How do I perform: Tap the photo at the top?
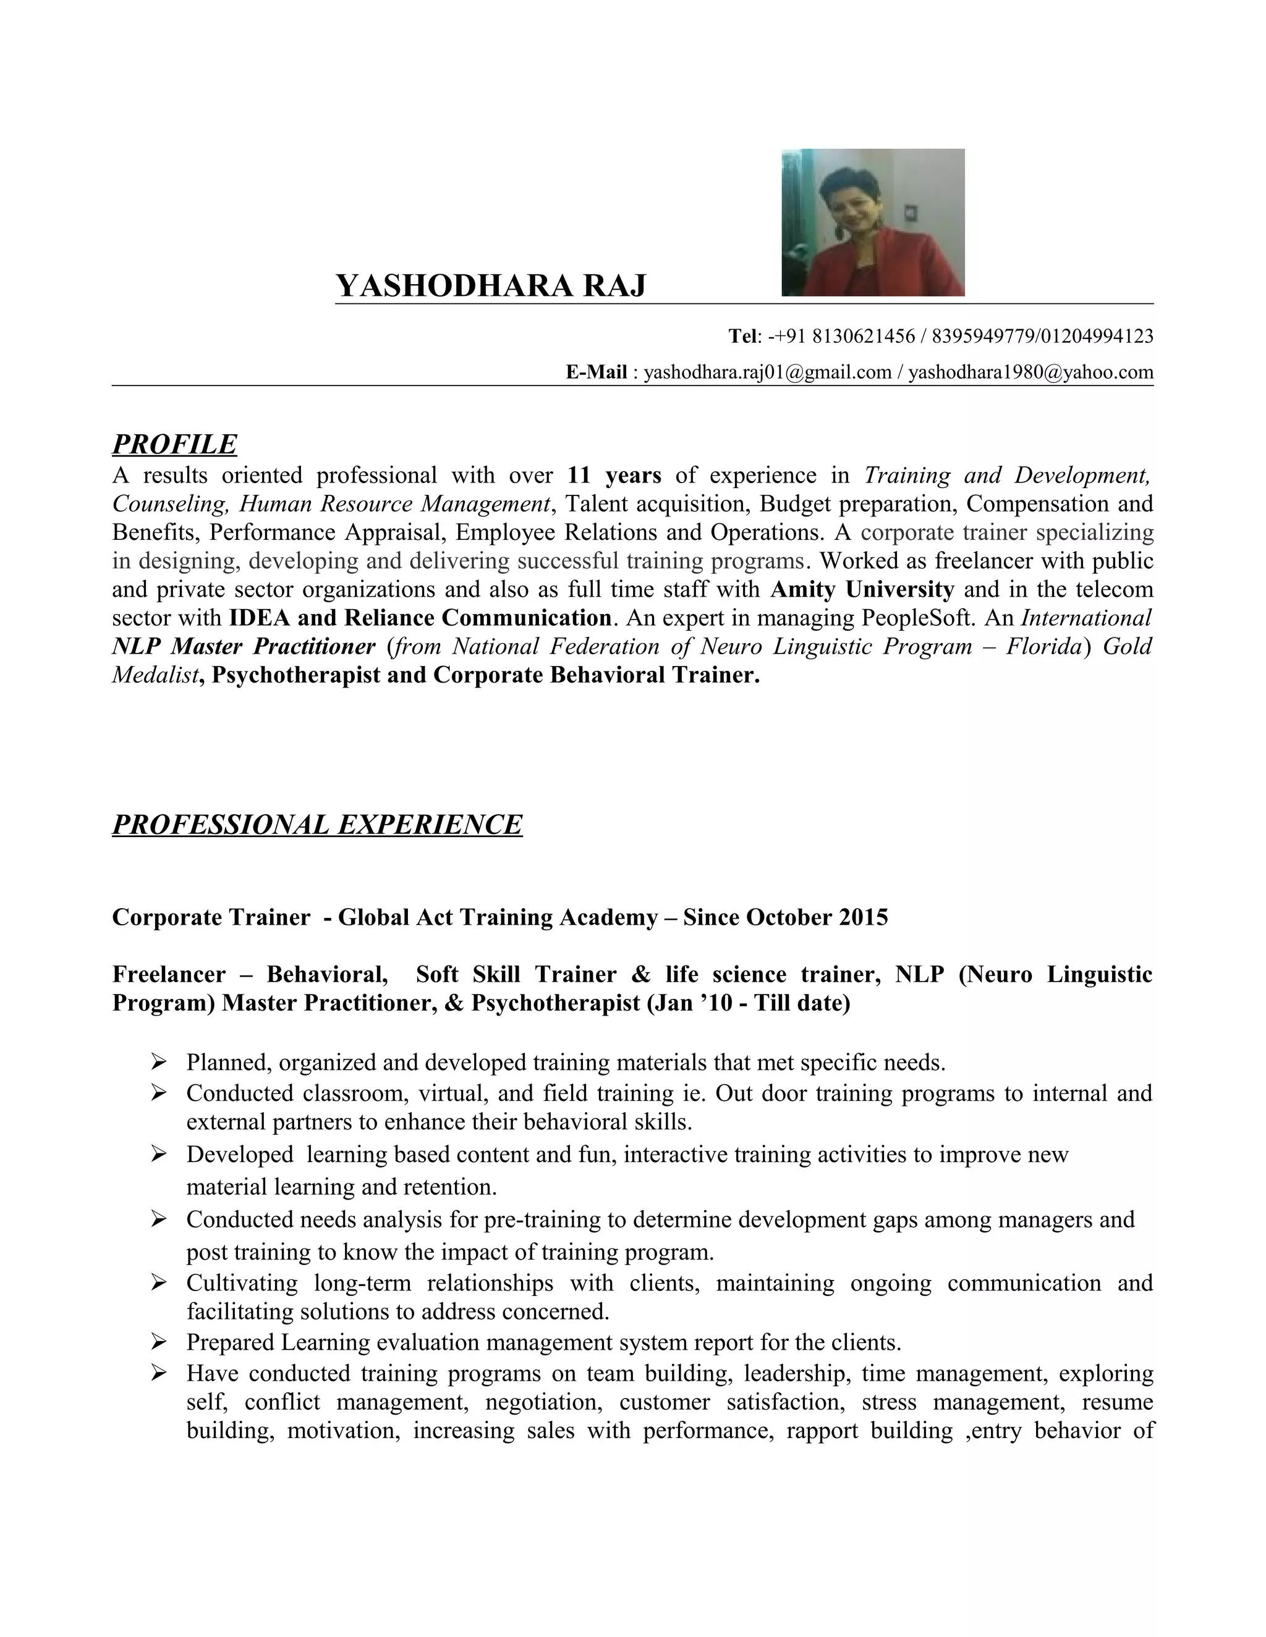(872, 222)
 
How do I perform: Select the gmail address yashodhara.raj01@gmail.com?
(767, 372)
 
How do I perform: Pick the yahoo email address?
(1030, 372)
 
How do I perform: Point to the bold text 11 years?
(614, 475)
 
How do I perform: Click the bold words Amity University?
(862, 589)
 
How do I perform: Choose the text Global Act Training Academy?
(497, 917)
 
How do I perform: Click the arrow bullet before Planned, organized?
(158, 1061)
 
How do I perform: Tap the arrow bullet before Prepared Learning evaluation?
(158, 1340)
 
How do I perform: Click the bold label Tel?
(743, 336)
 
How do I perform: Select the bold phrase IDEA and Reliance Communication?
(419, 618)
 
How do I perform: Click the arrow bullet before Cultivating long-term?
(158, 1282)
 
